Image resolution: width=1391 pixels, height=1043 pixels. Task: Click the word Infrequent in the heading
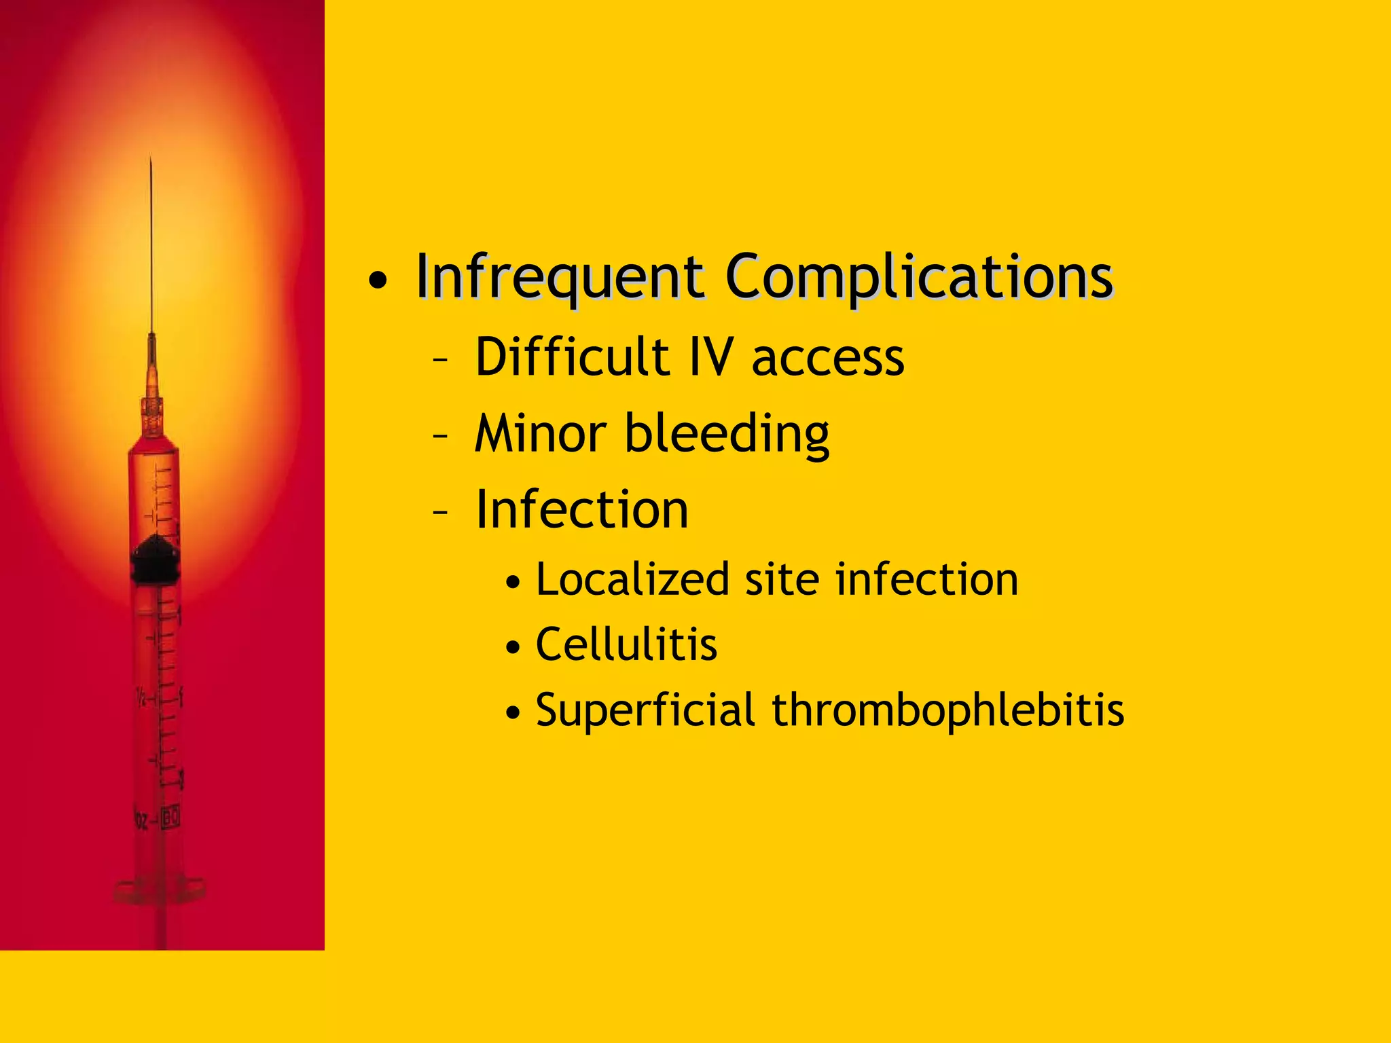560,276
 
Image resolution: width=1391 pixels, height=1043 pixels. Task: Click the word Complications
919,276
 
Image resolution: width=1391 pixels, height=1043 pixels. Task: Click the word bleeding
727,435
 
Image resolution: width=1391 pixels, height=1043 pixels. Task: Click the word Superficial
645,710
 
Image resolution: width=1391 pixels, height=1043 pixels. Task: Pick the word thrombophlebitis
947,710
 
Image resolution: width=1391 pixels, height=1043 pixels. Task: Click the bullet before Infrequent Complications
378,280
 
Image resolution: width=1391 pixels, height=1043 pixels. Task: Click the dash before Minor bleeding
440,437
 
